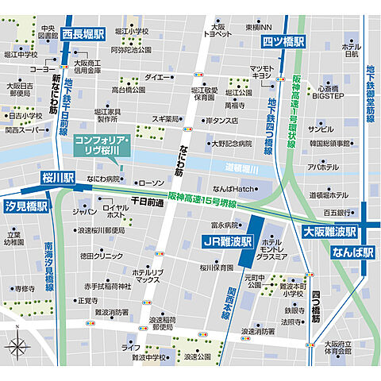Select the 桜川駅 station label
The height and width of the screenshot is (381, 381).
(x=59, y=178)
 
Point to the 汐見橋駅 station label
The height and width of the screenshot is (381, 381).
(x=26, y=206)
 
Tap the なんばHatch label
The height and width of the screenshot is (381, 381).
(x=232, y=188)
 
